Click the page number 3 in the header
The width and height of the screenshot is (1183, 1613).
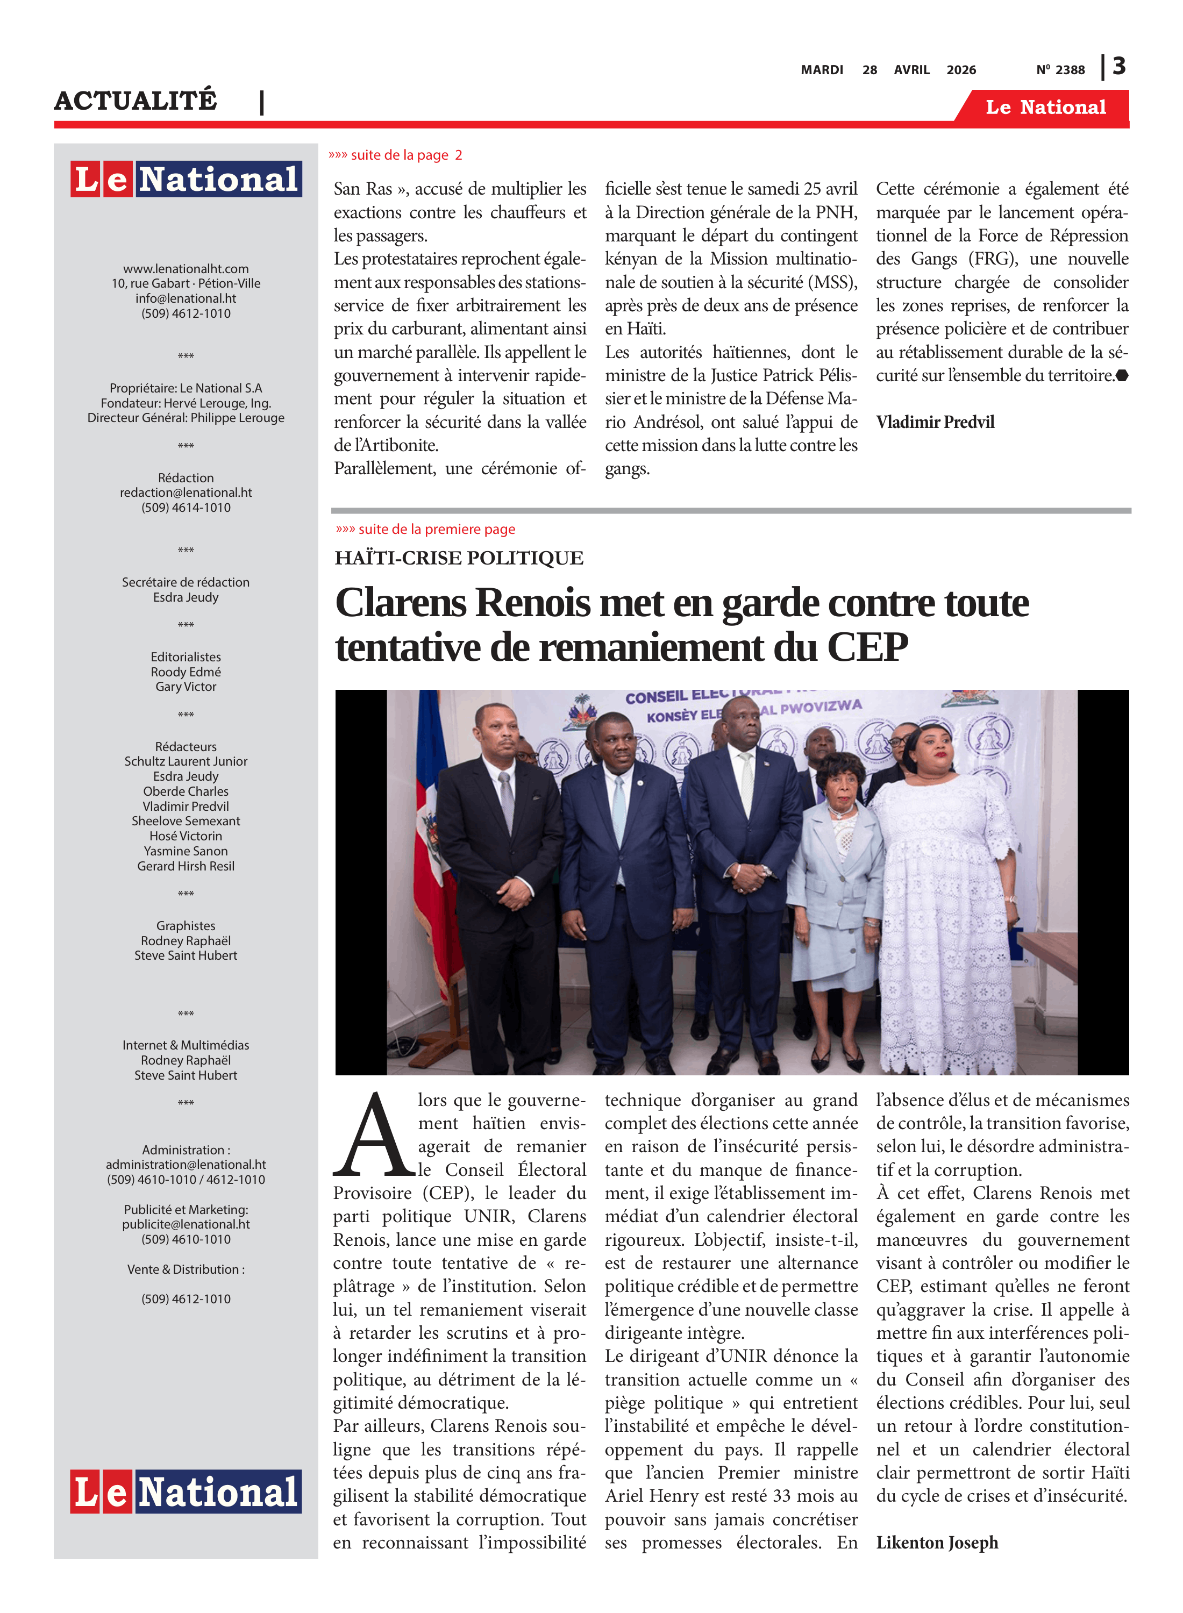click(1119, 66)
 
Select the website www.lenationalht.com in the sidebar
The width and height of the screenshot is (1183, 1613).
click(186, 268)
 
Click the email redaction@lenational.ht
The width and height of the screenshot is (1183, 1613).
click(186, 493)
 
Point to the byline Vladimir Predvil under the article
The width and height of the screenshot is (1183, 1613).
click(935, 423)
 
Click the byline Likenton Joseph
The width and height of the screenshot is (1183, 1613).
click(937, 1543)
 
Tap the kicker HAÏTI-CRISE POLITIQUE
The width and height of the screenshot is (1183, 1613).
click(459, 559)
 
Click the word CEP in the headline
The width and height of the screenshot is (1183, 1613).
click(867, 648)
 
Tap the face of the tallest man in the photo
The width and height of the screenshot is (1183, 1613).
click(740, 723)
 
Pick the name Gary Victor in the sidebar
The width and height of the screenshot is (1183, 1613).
click(186, 687)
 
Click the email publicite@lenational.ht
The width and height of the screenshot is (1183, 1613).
click(186, 1224)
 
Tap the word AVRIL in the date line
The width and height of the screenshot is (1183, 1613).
click(911, 70)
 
